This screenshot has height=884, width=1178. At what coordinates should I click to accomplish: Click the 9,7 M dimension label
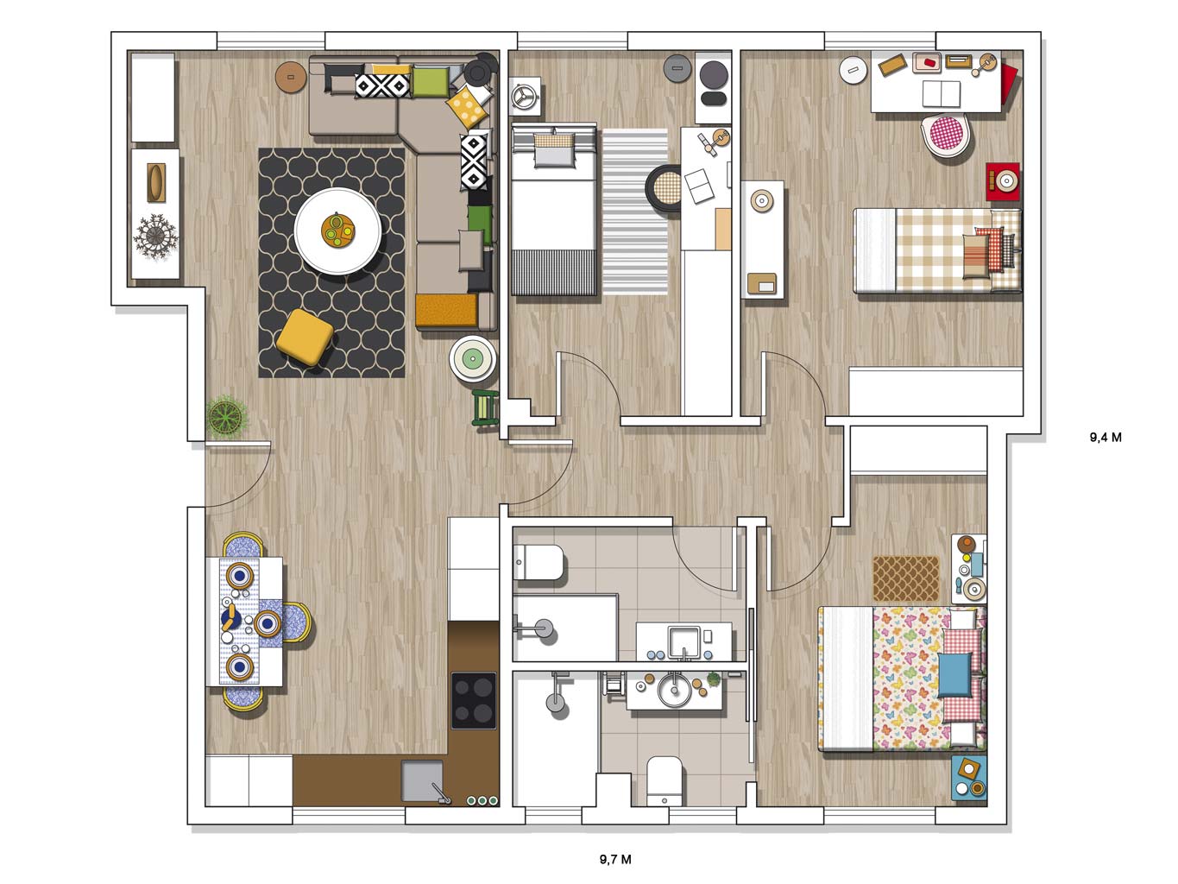tap(615, 859)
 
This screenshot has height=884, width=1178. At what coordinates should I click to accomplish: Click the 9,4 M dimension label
tap(1106, 438)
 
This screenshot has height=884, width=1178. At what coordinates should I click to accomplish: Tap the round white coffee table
tap(337, 231)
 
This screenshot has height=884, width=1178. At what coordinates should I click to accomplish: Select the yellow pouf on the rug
tap(305, 338)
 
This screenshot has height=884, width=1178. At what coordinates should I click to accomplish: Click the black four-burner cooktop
tap(473, 700)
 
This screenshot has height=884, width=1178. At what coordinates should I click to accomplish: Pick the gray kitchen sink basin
tap(422, 781)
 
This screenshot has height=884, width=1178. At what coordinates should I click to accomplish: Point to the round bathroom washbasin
tap(674, 689)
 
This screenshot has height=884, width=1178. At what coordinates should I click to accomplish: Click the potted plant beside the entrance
tap(226, 416)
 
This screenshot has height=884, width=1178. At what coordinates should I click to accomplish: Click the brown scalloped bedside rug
tap(905, 578)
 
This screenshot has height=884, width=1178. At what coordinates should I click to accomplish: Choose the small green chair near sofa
tap(486, 409)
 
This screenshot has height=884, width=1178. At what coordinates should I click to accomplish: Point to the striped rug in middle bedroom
tap(635, 212)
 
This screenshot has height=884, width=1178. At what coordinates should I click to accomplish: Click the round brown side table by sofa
tap(291, 78)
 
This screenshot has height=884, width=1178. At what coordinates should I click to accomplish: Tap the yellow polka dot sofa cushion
tap(468, 106)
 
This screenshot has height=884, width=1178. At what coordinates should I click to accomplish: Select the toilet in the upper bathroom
tap(539, 563)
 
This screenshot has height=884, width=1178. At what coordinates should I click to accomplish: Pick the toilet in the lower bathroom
tap(665, 781)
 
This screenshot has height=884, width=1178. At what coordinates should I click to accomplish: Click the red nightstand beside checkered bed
tap(1003, 181)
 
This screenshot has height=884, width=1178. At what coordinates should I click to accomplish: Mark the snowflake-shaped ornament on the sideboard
tap(155, 237)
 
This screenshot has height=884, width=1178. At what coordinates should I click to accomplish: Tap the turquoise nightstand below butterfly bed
tap(969, 779)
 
